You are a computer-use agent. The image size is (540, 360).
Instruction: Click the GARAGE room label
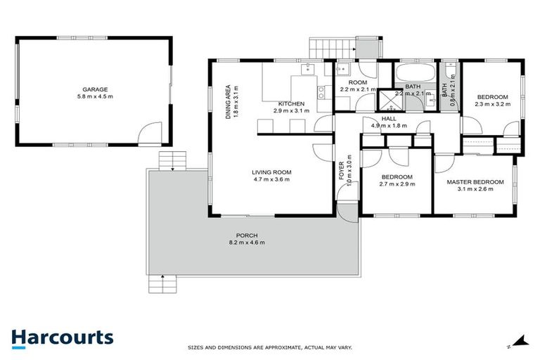click(x=95, y=89)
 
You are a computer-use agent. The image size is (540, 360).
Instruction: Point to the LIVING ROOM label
click(x=271, y=172)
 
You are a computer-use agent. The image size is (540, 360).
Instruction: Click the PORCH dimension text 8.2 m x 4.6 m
click(x=247, y=243)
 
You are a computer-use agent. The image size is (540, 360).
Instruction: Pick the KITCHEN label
click(x=290, y=103)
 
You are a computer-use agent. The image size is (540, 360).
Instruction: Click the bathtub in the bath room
click(x=416, y=75)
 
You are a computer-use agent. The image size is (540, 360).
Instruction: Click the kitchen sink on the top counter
click(x=307, y=69)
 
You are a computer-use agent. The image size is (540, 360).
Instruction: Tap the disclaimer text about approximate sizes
click(x=270, y=347)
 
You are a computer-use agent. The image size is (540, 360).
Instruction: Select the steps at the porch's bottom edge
click(x=162, y=284)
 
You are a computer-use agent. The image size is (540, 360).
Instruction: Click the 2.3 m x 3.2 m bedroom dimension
click(x=492, y=104)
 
